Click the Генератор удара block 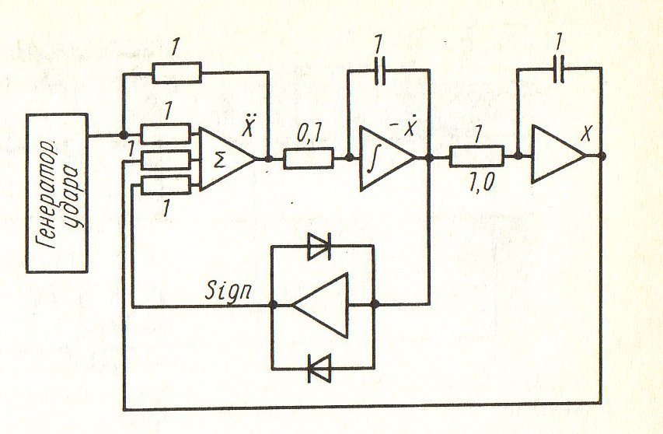[57, 193]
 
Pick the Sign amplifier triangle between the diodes [320, 306]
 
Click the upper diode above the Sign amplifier [319, 247]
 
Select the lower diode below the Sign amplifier [319, 369]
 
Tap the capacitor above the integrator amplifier [380, 71]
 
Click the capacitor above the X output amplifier [559, 68]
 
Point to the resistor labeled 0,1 [309, 159]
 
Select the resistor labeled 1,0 [476, 156]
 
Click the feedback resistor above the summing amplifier [176, 72]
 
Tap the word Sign [229, 289]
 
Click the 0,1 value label [310, 135]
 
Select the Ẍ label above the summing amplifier [248, 126]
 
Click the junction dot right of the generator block [124, 135]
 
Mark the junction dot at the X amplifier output [602, 156]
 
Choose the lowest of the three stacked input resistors [166, 185]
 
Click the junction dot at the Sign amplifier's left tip [273, 305]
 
